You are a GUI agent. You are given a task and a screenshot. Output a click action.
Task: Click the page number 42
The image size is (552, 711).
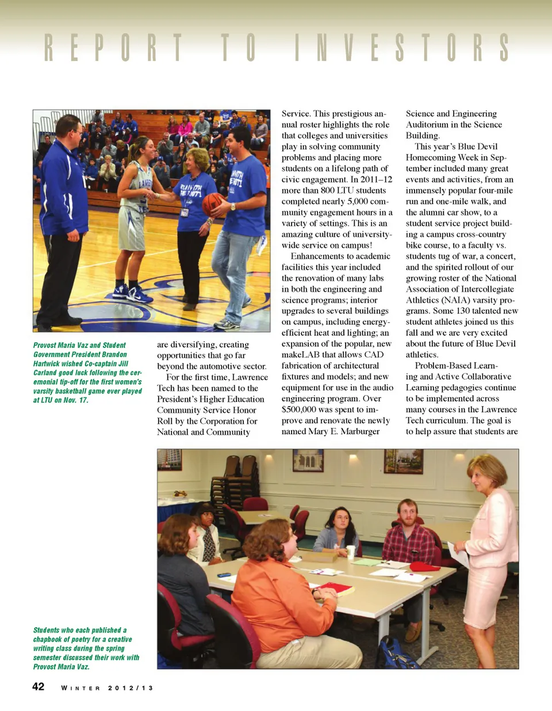tap(39, 687)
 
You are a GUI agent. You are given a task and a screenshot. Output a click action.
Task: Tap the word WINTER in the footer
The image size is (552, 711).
tap(80, 688)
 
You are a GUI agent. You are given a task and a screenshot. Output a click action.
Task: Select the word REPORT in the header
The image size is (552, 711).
tap(113, 48)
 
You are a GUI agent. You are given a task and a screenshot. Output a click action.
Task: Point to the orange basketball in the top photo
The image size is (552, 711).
tap(213, 204)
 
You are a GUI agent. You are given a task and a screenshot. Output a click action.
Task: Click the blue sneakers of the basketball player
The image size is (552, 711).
tap(133, 293)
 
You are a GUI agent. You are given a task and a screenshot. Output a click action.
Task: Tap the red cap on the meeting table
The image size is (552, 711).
tap(424, 567)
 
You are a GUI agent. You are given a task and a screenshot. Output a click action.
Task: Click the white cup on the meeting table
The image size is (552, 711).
tap(351, 552)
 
